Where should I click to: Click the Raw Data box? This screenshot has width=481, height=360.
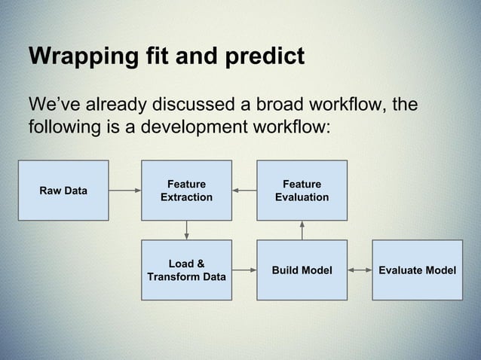click(x=63, y=191)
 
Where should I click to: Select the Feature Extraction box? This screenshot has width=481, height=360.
click(x=186, y=191)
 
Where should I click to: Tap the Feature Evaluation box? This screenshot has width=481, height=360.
click(x=302, y=191)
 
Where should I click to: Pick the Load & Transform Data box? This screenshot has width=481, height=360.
click(x=186, y=270)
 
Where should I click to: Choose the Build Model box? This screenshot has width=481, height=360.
click(x=302, y=270)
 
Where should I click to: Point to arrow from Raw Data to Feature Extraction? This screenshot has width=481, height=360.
click(x=125, y=191)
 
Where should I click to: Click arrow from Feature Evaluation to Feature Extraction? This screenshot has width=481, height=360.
click(x=244, y=191)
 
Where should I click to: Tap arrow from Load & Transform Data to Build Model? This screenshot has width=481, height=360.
click(x=244, y=270)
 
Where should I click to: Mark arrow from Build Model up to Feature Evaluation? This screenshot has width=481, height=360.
click(x=302, y=230)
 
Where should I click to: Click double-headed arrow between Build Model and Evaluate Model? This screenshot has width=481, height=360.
click(x=360, y=270)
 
